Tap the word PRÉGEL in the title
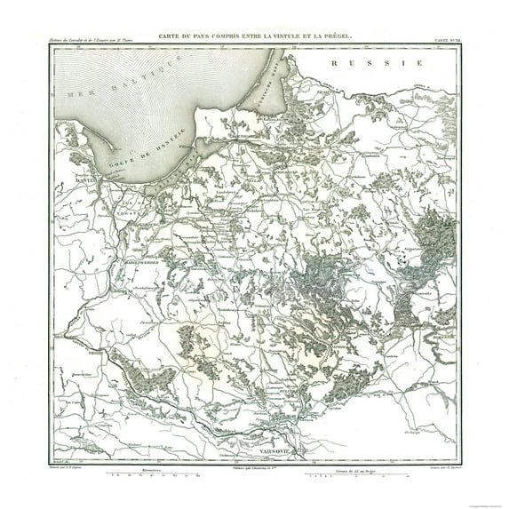click(335, 36)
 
